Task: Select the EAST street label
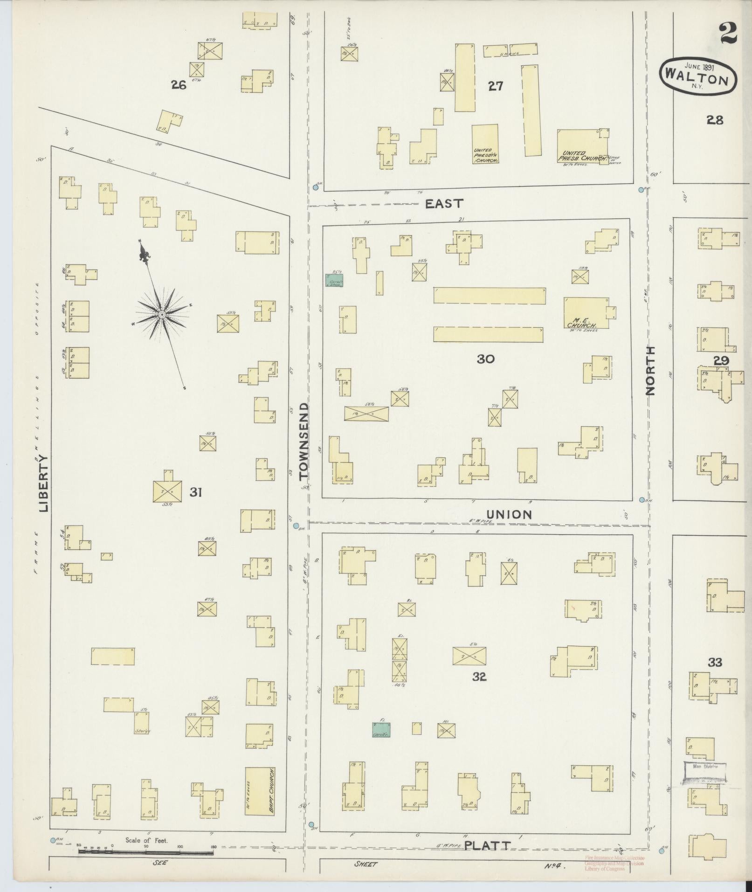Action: click(x=444, y=203)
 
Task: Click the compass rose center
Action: click(x=161, y=315)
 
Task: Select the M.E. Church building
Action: click(x=586, y=313)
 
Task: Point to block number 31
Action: click(x=195, y=491)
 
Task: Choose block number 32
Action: click(x=479, y=677)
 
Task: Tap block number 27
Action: click(x=495, y=86)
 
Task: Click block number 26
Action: click(x=179, y=85)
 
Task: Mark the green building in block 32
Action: click(x=382, y=729)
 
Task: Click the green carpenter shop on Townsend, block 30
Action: click(x=334, y=280)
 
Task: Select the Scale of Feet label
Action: click(x=146, y=840)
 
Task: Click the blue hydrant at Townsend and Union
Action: click(x=296, y=526)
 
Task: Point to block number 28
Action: click(x=714, y=120)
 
